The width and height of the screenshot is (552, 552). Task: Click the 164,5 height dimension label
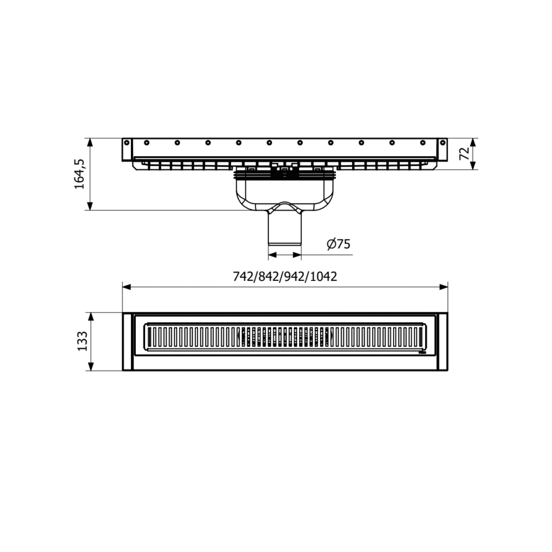79,174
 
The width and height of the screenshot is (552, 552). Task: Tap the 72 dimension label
465,153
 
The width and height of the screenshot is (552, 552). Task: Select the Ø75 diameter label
339,243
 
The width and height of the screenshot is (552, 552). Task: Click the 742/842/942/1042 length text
285,277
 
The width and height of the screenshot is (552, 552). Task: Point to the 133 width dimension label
82,341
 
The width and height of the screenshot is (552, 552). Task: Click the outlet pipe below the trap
285,228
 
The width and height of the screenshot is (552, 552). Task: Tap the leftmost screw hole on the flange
127,142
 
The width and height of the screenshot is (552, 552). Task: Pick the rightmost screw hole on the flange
443,142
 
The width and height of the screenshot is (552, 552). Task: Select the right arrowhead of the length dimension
444,287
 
